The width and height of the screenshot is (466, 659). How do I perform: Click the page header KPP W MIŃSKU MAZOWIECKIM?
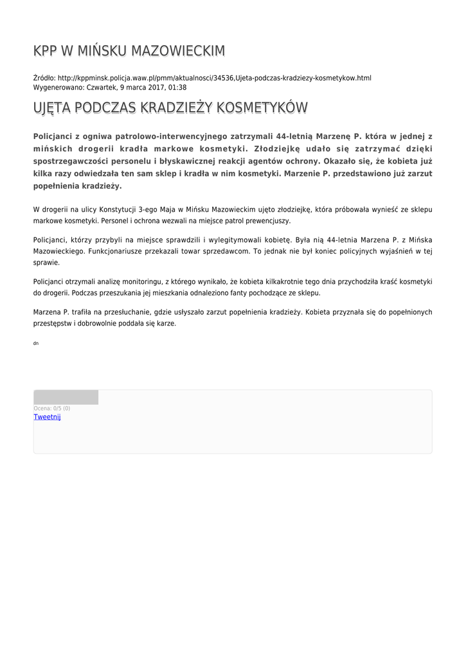point(129,51)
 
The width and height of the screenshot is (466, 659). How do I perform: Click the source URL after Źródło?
point(214,78)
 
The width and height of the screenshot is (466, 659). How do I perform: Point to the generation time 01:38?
point(177,87)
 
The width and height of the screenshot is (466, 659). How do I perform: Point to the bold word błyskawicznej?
point(192,161)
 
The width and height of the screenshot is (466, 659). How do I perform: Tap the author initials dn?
point(36,344)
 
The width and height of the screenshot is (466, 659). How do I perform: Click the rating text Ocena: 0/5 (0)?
point(52,408)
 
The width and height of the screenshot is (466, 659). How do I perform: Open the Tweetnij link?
point(47,417)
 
